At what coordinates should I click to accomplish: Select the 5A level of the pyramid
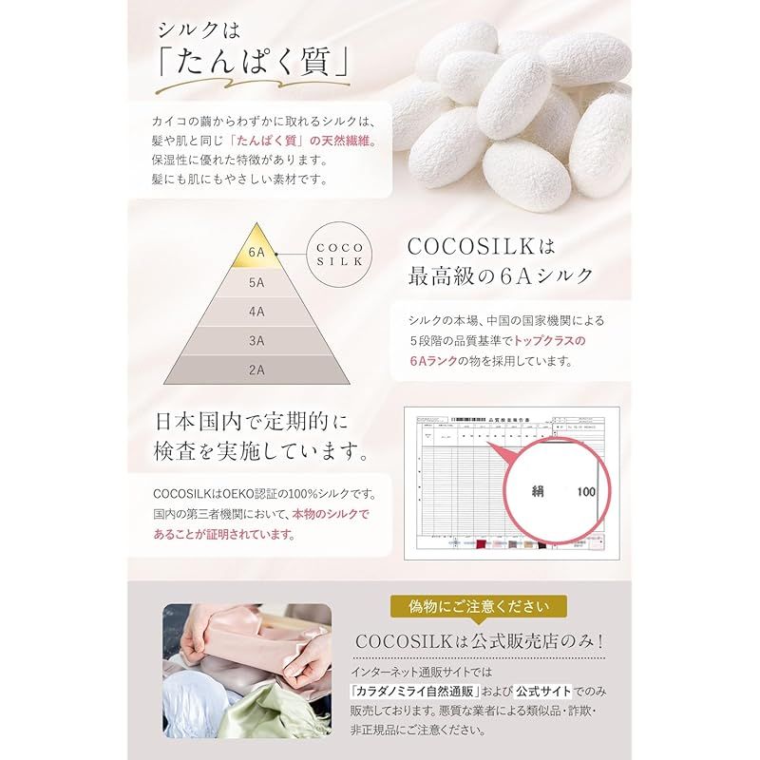256,282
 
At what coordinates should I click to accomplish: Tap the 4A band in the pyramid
256,311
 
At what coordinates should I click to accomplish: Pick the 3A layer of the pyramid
256,340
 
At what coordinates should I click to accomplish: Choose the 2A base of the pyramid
256,370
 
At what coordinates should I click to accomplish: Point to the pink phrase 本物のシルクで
332,514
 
